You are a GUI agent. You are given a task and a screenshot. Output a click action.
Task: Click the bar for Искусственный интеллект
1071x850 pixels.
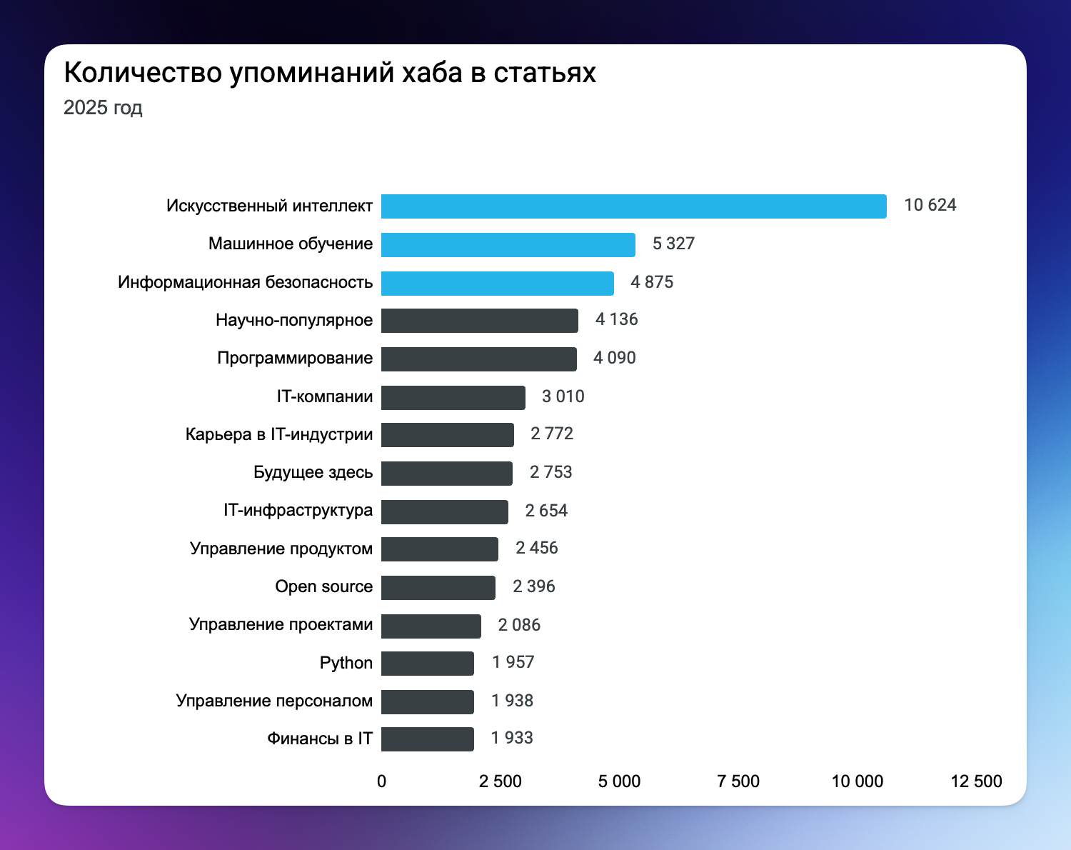(633, 206)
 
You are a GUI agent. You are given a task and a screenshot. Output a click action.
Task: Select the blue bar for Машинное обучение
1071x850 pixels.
(508, 245)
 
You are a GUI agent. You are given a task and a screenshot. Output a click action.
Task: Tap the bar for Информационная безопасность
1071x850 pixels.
(497, 284)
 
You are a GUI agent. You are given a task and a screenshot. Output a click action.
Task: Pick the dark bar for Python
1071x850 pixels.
(427, 664)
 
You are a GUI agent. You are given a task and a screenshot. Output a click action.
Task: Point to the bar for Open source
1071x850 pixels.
(438, 588)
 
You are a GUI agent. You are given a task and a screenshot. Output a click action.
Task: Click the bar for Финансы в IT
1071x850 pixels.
(427, 739)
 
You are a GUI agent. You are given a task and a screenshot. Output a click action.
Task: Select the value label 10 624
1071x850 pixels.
(930, 206)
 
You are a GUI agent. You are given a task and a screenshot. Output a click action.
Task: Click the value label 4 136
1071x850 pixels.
(616, 320)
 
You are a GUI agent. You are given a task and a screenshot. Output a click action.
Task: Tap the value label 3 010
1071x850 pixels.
(563, 396)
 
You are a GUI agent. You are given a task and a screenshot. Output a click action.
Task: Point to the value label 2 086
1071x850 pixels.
(519, 626)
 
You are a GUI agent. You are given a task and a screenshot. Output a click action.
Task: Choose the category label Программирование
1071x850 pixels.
(295, 359)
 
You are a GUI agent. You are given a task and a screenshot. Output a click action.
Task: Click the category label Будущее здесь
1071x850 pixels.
(313, 473)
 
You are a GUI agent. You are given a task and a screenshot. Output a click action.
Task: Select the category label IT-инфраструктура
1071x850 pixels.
(298, 511)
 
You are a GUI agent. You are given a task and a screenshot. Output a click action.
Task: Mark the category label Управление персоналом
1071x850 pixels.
(274, 701)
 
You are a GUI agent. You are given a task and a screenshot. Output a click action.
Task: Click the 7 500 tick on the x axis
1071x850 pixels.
(738, 781)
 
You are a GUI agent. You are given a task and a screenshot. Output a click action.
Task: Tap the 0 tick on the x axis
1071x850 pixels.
(381, 781)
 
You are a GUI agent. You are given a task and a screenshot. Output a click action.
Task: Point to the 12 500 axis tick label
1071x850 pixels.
(976, 781)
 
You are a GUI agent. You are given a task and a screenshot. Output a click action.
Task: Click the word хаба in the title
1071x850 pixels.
(432, 73)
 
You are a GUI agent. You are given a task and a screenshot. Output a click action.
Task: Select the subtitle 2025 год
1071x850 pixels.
(103, 108)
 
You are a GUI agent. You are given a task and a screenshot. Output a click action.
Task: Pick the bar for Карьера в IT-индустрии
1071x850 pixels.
(447, 435)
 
